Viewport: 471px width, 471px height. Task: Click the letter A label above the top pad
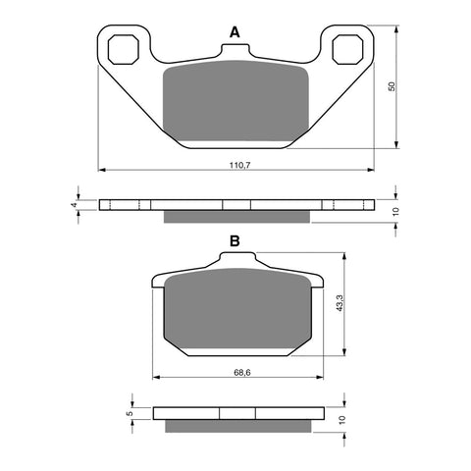[235, 33]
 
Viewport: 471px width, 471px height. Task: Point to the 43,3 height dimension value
[339, 303]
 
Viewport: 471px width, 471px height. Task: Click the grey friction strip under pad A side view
[235, 215]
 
